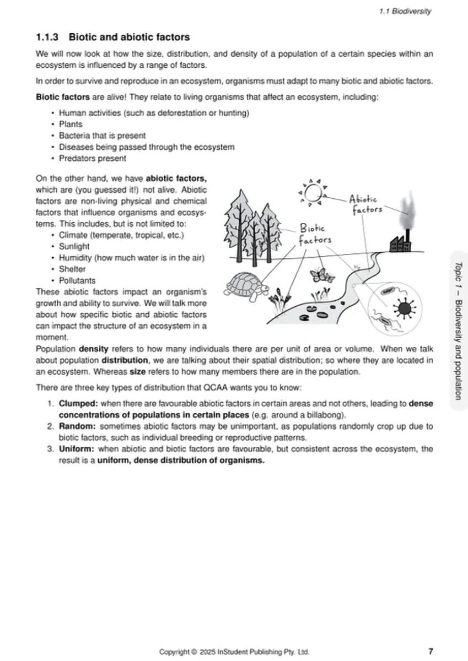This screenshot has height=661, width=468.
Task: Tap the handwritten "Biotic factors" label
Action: point(315,234)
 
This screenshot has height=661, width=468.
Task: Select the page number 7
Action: point(430,652)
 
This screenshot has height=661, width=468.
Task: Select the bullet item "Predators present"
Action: point(92,158)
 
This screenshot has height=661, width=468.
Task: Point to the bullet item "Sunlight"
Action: point(74,247)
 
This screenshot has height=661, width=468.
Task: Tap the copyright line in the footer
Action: point(238,652)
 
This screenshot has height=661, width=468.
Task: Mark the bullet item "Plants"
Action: point(70,124)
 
